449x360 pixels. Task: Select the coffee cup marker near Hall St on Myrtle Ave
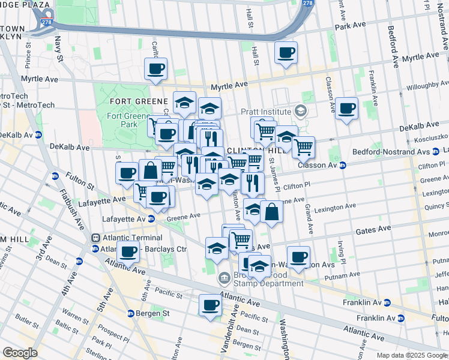pos(286,53)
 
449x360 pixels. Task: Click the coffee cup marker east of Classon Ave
pos(346,109)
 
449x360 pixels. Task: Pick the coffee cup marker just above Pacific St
pos(211,305)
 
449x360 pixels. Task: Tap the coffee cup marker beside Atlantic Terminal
pos(128,253)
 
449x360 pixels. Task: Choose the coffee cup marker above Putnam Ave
pos(298,257)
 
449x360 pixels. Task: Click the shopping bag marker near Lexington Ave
pos(272,212)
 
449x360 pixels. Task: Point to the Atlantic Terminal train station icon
pos(95,238)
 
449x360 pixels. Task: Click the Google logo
pos(20,353)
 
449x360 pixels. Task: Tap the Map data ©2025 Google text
pos(411,355)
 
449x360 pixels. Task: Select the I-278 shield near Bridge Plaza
pos(46,24)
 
